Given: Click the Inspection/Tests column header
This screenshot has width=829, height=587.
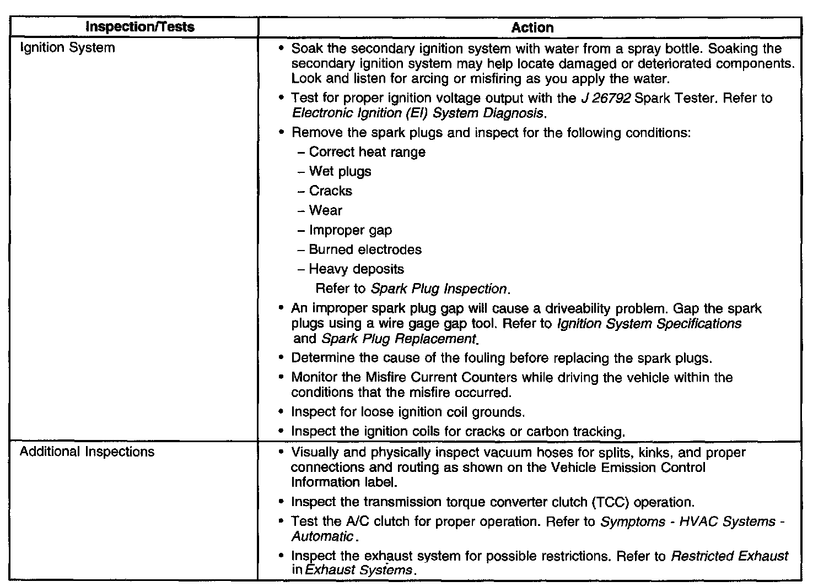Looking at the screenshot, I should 141,27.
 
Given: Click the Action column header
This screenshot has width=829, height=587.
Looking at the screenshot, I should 532,28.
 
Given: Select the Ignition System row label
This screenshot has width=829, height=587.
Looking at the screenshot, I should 67,48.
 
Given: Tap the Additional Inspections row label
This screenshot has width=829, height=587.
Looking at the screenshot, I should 87,452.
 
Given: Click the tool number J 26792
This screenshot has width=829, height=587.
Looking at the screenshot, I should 605,99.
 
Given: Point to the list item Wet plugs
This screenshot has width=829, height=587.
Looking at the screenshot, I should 340,172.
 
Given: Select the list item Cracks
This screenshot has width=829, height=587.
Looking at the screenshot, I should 330,191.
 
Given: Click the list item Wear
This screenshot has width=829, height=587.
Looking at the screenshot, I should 325,211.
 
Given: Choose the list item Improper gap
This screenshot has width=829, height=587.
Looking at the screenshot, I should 350,230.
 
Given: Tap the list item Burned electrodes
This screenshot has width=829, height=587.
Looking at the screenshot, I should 365,249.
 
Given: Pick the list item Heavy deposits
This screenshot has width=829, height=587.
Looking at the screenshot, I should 356,269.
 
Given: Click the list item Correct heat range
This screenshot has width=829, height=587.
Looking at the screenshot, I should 367,152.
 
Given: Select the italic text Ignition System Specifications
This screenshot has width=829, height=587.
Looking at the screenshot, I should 649,324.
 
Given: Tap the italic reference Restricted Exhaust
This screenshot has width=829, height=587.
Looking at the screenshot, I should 729,556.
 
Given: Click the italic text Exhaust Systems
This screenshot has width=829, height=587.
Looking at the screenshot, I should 358,570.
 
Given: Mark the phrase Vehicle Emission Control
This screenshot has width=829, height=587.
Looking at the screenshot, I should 627,468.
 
